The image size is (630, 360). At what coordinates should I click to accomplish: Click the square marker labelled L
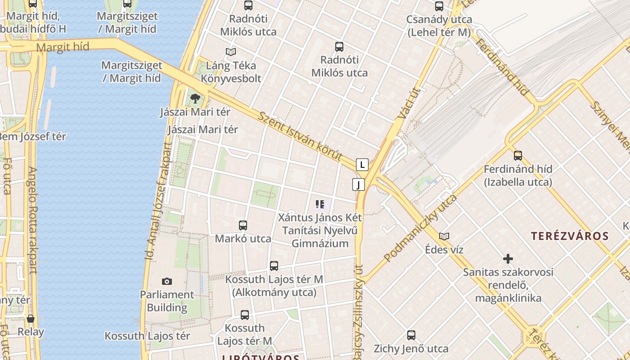click(362, 165)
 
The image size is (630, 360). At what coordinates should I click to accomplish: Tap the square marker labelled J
click(358, 184)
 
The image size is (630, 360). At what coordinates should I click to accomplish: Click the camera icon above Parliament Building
click(167, 281)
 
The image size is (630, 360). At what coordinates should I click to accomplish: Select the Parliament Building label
click(167, 301)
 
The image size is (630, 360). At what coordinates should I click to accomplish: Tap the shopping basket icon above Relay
click(31, 319)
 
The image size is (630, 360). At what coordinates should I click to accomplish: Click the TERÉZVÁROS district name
click(570, 236)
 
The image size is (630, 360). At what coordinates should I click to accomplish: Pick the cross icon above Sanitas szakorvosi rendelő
click(508, 259)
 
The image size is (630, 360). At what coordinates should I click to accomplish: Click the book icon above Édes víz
click(444, 236)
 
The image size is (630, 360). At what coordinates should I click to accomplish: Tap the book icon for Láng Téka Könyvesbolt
click(231, 52)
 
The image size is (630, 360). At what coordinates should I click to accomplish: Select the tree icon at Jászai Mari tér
click(195, 99)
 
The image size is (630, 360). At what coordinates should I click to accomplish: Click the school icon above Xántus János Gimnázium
click(320, 205)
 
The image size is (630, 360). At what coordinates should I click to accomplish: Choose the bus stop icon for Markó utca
click(243, 225)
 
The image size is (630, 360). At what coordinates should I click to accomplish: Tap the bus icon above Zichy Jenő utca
click(411, 335)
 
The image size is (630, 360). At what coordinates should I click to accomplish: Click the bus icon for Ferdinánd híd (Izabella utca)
click(518, 156)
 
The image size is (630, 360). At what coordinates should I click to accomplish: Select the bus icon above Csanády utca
click(439, 6)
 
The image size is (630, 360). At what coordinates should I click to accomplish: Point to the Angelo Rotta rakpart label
click(32, 220)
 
